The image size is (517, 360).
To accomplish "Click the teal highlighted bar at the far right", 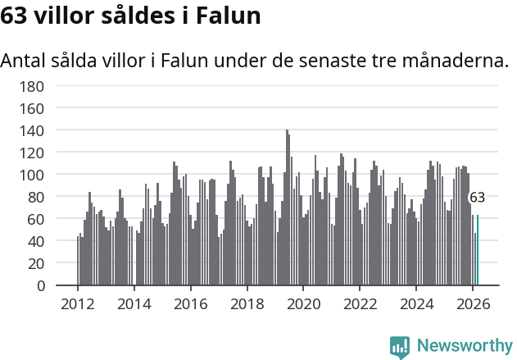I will (x=478, y=251).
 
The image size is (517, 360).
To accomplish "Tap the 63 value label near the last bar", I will (x=477, y=198).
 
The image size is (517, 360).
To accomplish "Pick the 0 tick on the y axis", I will (x=39, y=286).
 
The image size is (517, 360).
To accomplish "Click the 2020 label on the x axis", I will (x=303, y=304).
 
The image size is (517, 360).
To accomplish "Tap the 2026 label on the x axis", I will (x=473, y=304).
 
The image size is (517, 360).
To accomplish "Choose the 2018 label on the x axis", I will (x=247, y=304).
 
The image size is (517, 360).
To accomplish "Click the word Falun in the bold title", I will (x=234, y=16).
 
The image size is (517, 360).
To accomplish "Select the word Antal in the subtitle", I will (x=25, y=61).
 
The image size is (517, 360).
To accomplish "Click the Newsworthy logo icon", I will (x=400, y=346).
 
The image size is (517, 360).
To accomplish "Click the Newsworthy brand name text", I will (x=465, y=346).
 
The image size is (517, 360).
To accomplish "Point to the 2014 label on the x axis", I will (x=134, y=304).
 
